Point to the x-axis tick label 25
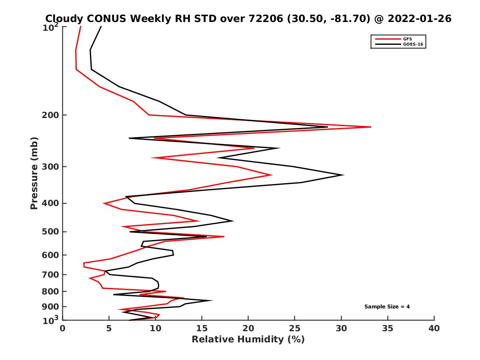(x=295, y=329)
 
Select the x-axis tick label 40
(x=434, y=329)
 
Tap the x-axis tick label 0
(x=63, y=329)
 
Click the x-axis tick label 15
(x=202, y=329)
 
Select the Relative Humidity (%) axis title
(x=248, y=340)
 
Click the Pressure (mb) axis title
(x=34, y=173)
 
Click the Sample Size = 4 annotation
(x=387, y=307)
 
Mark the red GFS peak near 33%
(x=371, y=127)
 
